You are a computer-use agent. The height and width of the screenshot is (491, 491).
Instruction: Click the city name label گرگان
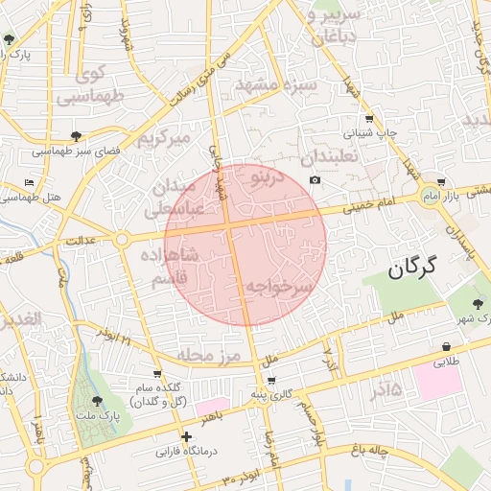412,268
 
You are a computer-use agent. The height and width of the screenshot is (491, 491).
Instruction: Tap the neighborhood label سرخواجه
278,287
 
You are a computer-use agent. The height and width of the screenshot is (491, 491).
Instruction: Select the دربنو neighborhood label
266,177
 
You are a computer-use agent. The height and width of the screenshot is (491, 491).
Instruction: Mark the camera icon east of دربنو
316,180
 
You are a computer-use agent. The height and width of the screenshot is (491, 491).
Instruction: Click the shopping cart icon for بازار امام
440,180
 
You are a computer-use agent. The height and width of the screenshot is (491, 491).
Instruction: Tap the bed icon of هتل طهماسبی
30,181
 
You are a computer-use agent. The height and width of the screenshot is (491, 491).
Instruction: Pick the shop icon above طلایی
447,346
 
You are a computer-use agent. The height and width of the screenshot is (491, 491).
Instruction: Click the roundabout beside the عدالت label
122,239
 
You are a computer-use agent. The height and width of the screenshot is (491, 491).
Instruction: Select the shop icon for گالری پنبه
271,381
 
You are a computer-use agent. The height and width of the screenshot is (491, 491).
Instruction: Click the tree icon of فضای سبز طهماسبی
76,136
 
